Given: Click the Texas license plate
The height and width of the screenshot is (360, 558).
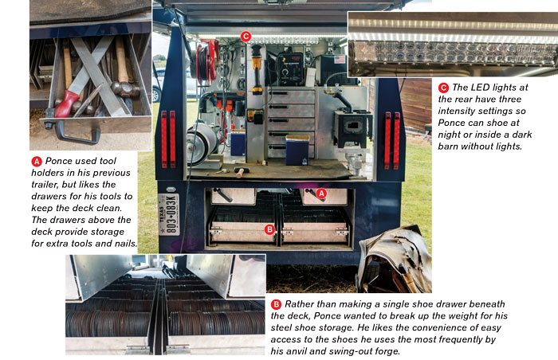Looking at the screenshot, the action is (169, 213).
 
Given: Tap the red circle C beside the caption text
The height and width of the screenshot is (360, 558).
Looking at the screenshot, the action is (443, 88).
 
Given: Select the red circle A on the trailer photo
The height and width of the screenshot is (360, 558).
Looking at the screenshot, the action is (321, 194).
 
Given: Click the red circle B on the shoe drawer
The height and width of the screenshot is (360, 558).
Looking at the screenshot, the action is (269, 229).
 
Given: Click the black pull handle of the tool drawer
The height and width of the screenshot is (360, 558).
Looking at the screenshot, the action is (77, 133).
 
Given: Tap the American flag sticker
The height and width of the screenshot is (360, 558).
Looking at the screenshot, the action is (339, 59).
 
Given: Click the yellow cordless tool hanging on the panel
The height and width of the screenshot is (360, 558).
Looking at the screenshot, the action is (257, 70).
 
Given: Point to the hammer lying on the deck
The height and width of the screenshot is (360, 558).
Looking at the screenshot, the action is (241, 172).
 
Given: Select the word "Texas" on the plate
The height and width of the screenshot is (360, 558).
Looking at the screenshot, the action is (162, 213).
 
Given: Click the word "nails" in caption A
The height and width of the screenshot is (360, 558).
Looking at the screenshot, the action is (125, 244).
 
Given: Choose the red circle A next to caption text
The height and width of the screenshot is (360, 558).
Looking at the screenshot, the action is (37, 161).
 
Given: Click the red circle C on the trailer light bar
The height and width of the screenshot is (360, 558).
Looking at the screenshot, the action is (246, 37).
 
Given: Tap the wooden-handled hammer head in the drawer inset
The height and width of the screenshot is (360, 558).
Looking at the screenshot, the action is (125, 90).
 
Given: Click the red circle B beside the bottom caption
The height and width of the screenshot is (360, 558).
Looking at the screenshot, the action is (276, 304).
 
